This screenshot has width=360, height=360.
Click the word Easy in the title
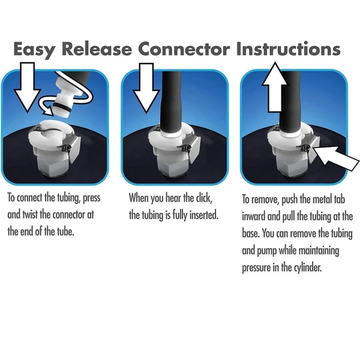34,49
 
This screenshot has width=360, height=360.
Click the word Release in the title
97,49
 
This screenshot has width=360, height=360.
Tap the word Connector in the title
184,49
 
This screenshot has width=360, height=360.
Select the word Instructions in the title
288,49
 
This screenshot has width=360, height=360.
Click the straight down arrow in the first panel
28,87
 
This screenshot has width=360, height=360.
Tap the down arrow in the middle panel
146,88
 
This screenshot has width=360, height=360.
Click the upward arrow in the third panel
275,87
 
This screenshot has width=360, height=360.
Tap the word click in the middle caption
204,197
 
